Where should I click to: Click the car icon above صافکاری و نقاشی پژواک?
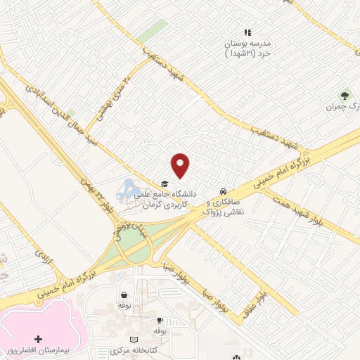tap(222, 191)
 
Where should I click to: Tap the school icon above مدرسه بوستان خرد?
tap(247, 32)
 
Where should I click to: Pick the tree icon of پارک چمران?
tap(345, 95)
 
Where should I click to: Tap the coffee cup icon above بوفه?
tap(160, 319)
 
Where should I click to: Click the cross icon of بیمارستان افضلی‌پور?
tap(37, 339)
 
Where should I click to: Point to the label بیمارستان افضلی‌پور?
tap(35, 349)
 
